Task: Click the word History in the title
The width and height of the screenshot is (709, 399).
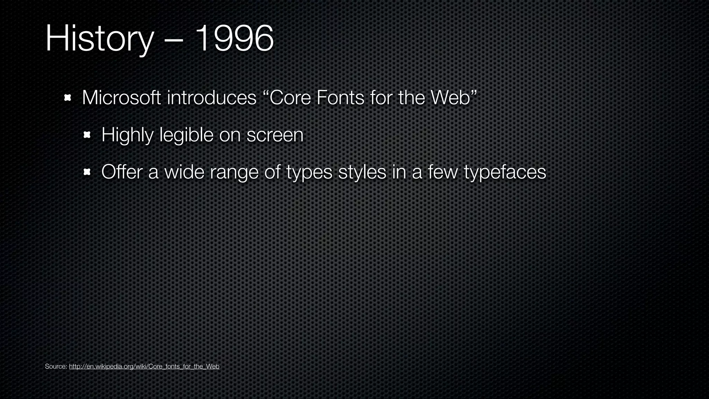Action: [x=99, y=39]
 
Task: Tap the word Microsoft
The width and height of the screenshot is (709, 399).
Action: [x=121, y=98]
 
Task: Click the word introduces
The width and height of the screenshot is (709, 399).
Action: [x=212, y=98]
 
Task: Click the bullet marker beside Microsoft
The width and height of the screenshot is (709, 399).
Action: [x=68, y=98]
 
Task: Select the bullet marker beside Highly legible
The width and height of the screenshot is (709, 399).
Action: [x=87, y=135]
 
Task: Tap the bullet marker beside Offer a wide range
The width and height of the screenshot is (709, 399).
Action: [x=87, y=172]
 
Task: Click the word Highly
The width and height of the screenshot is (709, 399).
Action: [x=127, y=135]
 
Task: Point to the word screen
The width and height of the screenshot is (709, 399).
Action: [x=275, y=135]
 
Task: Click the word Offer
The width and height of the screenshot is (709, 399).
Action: [x=122, y=172]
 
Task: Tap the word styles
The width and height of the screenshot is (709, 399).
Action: [x=362, y=172]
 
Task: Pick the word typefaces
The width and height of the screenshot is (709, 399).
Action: [x=505, y=172]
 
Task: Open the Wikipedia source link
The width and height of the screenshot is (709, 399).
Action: [x=144, y=366]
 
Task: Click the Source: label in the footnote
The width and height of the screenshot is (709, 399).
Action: [x=56, y=366]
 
